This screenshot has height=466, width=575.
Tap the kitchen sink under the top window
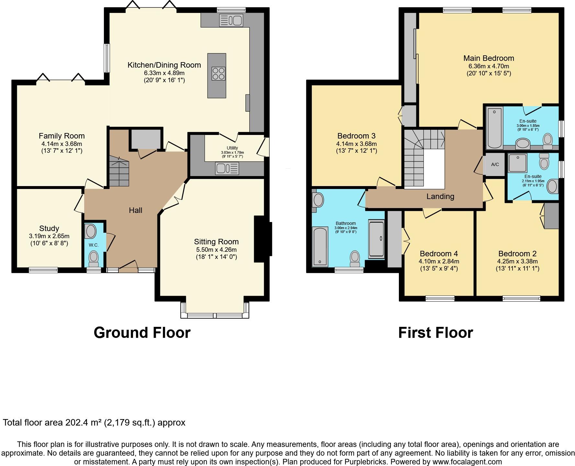(231, 20)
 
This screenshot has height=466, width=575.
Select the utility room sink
(227, 169)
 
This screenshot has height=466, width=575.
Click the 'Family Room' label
(62, 136)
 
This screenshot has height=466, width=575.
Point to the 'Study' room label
(49, 228)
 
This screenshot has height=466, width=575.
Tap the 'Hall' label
(136, 210)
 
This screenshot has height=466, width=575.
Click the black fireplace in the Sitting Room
(263, 239)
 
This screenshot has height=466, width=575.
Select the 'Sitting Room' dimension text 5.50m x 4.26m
(216, 250)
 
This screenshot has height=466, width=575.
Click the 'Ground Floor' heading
(142, 333)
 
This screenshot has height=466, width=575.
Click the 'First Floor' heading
(435, 333)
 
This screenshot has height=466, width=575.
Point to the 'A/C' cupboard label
(495, 164)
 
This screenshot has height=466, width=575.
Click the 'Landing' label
(440, 196)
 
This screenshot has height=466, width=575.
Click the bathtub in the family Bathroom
(320, 247)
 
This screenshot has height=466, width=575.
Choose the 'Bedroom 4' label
(439, 254)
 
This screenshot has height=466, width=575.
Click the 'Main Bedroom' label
(489, 58)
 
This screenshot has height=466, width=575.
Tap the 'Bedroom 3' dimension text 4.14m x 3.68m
(356, 144)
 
